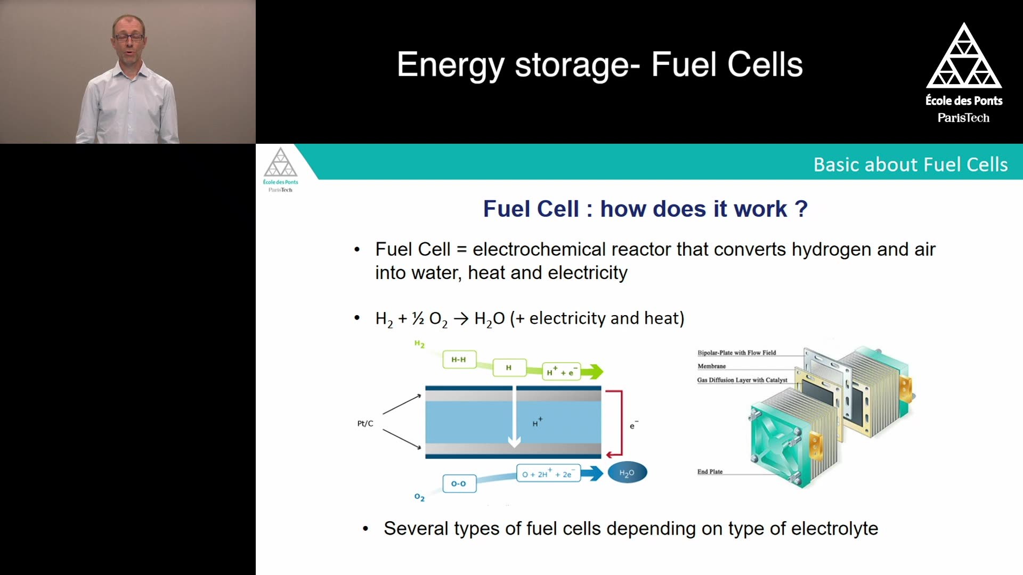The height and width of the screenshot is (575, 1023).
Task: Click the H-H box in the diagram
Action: pyautogui.click(x=459, y=359)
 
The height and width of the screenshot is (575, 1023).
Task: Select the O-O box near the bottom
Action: pyautogui.click(x=459, y=483)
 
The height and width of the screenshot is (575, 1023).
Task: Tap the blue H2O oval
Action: pyautogui.click(x=627, y=472)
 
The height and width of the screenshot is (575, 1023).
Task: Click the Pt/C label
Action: pyautogui.click(x=365, y=423)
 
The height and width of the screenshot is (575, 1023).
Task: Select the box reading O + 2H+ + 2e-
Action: pyautogui.click(x=548, y=473)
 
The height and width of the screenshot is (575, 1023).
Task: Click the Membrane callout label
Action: pyautogui.click(x=712, y=366)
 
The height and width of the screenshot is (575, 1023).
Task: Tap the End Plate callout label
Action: pyautogui.click(x=710, y=472)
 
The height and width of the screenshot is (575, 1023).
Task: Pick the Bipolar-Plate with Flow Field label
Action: pyautogui.click(x=737, y=352)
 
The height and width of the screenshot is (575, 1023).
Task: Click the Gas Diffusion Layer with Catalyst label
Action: pyautogui.click(x=742, y=380)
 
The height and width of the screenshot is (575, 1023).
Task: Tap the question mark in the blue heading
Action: pyautogui.click(x=801, y=209)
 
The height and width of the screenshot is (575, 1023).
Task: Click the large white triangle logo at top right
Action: pyautogui.click(x=964, y=55)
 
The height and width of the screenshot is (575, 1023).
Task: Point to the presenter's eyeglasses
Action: pyautogui.click(x=129, y=37)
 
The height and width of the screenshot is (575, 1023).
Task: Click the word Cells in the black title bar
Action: pyautogui.click(x=765, y=65)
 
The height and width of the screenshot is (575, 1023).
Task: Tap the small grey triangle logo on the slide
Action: pyautogui.click(x=280, y=162)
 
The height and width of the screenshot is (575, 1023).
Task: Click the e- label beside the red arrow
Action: pyautogui.click(x=634, y=425)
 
